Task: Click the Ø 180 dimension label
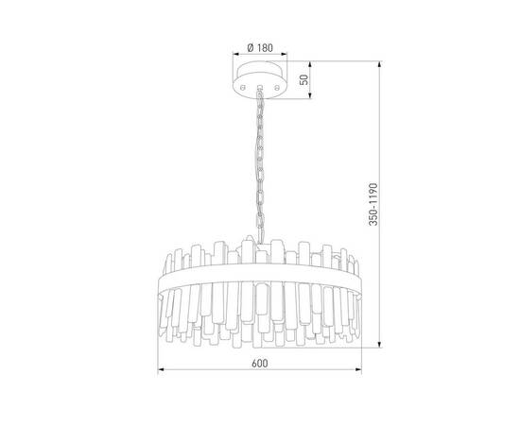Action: (x=260, y=48)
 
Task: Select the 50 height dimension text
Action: (x=303, y=80)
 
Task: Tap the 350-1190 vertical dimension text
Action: (x=373, y=204)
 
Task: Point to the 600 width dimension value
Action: (x=259, y=364)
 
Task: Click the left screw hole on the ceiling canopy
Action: (x=243, y=88)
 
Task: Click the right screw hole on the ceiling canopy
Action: (x=277, y=88)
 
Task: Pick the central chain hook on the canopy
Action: (x=260, y=88)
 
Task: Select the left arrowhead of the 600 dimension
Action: (x=161, y=369)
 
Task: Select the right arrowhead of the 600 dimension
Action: (x=358, y=369)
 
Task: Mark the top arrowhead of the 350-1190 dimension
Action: (x=380, y=64)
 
